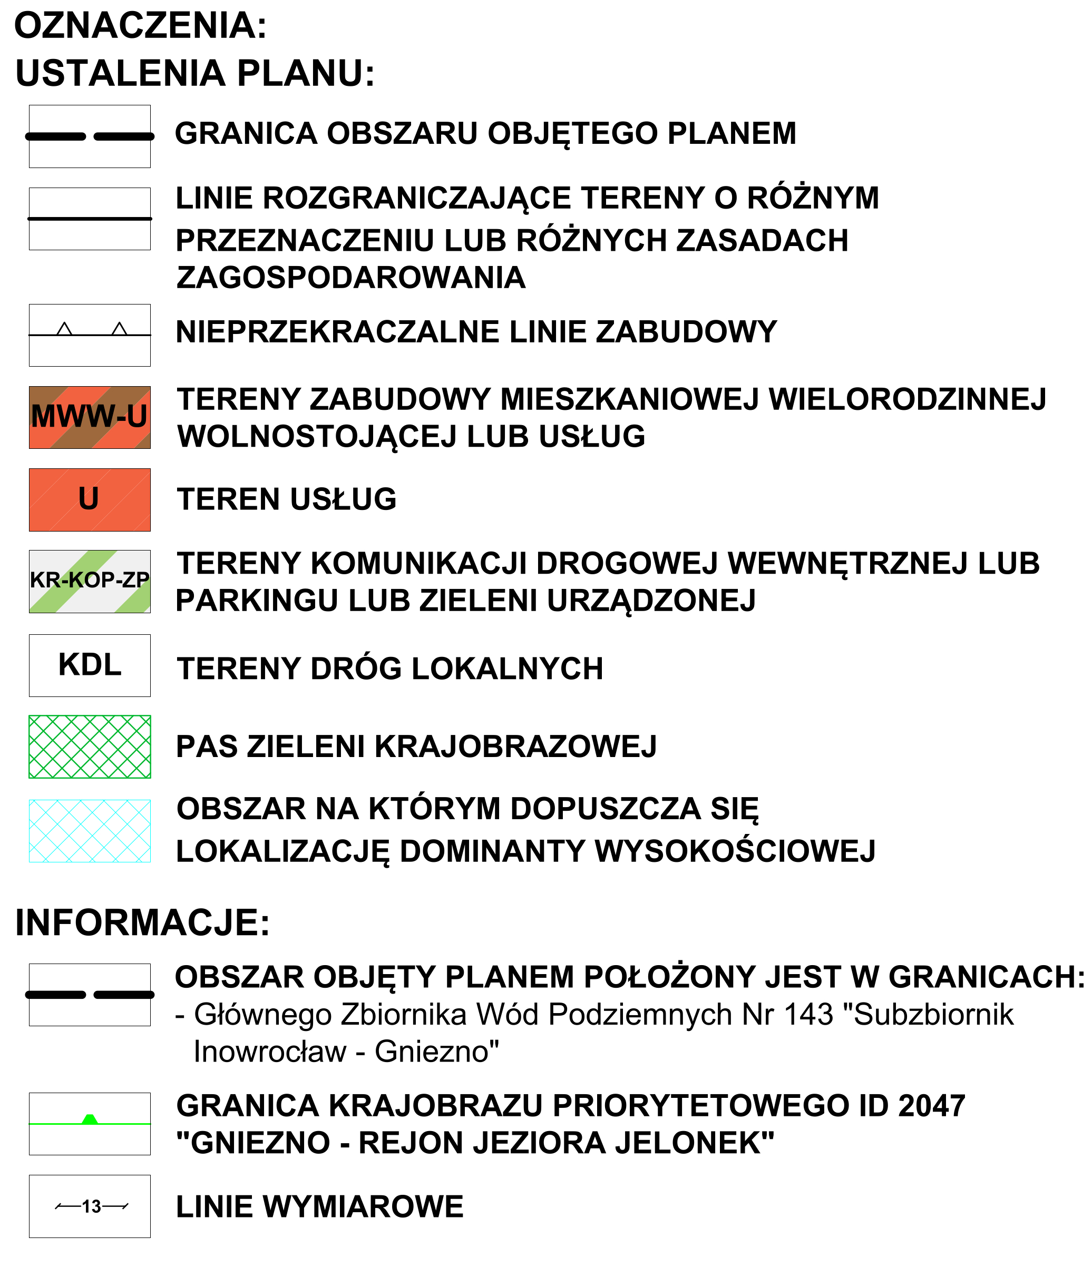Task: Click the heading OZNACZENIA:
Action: pos(141,26)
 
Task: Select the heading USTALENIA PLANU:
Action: pos(195,73)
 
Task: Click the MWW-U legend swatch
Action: pos(90,417)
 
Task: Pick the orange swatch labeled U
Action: pos(90,500)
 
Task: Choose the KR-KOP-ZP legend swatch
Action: pos(90,581)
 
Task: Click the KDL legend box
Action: pos(90,665)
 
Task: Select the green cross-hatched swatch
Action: pos(90,747)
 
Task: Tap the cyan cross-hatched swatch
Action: pos(90,831)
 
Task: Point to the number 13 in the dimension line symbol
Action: pos(91,1207)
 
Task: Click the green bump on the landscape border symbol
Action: pos(90,1119)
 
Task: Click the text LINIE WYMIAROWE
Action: pos(319,1207)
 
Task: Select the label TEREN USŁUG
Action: pos(287,499)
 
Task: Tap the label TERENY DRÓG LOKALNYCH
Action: pos(389,669)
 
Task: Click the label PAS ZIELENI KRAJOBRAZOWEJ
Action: pos(416,747)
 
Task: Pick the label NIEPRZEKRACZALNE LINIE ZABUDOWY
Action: pos(476,332)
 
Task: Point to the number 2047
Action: pos(931,1106)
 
